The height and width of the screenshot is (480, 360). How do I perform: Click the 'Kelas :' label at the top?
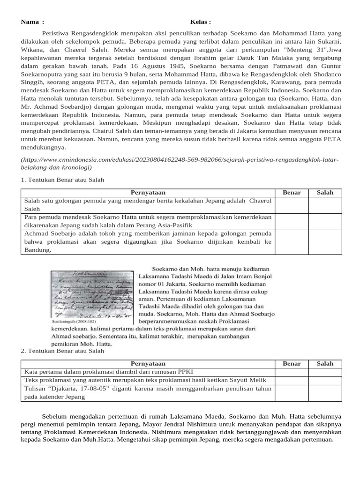tap(200, 22)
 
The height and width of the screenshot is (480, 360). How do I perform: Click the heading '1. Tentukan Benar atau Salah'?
tap(63, 180)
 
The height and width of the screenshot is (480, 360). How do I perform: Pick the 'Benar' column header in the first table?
tap(292, 193)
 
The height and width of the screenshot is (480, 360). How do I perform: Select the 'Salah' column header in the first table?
tap(325, 193)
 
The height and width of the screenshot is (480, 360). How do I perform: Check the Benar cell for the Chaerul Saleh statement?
tap(292, 205)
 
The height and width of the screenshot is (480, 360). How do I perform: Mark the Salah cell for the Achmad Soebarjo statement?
tap(325, 242)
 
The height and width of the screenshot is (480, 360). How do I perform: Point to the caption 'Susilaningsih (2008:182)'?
tap(73, 322)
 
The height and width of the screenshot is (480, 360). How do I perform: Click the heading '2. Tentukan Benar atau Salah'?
tap(63, 351)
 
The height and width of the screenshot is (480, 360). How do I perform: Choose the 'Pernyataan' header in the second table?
tap(148, 363)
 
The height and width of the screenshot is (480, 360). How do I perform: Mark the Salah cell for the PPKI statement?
tap(325, 372)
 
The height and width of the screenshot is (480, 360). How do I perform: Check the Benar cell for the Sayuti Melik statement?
tap(292, 380)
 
